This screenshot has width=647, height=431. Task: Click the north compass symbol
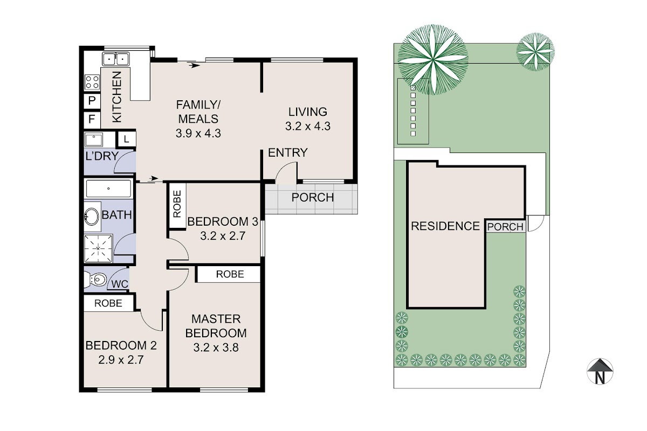click(600, 371)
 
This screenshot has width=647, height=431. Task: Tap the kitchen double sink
click(116, 59)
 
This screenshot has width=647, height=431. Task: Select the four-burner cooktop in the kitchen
click(92, 82)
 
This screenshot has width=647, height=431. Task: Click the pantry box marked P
click(92, 101)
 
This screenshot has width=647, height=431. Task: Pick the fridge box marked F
click(92, 120)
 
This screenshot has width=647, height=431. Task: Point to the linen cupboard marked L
click(126, 140)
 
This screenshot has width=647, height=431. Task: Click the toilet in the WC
click(95, 279)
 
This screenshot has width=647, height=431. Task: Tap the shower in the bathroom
click(98, 248)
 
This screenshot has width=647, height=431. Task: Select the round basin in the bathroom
click(92, 217)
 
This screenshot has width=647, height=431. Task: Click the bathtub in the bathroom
click(108, 189)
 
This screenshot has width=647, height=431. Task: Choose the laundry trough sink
click(94, 140)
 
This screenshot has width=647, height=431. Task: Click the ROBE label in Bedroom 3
click(177, 204)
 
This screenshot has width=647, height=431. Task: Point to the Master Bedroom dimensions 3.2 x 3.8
click(216, 347)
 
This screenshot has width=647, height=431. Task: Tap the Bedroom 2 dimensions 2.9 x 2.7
click(121, 360)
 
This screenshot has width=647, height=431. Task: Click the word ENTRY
click(288, 152)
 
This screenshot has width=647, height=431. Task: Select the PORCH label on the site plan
click(505, 227)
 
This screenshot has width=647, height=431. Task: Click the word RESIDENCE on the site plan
click(445, 226)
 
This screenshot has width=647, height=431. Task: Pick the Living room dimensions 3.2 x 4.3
click(308, 126)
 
